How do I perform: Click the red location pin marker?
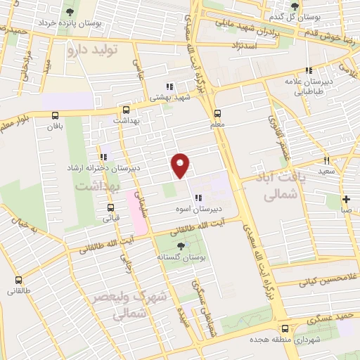click(x=181, y=165)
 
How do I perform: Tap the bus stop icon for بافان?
click(x=56, y=116)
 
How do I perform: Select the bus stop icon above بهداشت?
click(x=126, y=110)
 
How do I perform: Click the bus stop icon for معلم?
click(x=217, y=113)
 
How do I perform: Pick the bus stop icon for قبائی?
click(x=110, y=207)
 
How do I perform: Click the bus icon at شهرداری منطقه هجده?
click(x=285, y=328)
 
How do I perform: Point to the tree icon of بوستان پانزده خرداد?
click(x=68, y=11)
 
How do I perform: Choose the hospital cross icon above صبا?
click(x=345, y=199)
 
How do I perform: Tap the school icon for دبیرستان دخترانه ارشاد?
click(x=103, y=157)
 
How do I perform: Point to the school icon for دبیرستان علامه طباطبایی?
click(x=308, y=70)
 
